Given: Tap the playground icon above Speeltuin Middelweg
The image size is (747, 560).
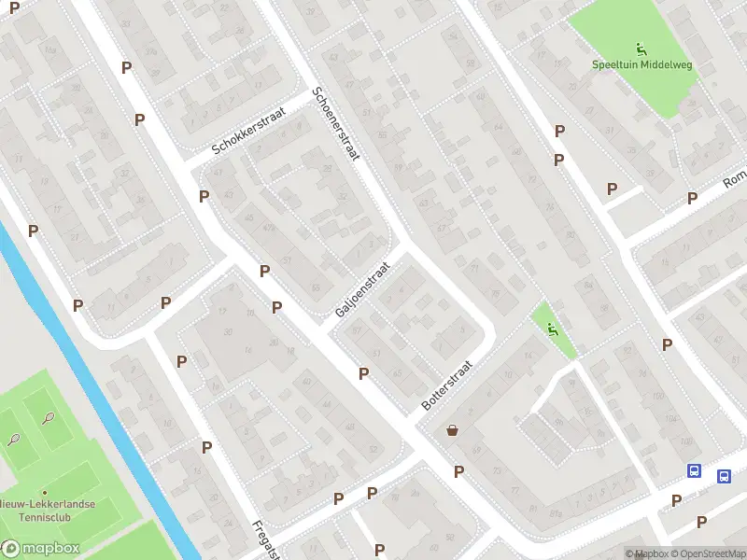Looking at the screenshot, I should [x=641, y=49].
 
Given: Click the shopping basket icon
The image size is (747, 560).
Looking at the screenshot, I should [x=453, y=430].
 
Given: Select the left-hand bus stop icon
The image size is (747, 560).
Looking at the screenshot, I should [x=695, y=471].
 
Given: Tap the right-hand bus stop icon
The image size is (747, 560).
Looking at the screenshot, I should [x=724, y=476].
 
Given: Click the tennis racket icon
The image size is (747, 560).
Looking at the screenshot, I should [x=14, y=439].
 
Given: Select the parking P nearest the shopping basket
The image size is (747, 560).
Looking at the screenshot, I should [x=458, y=471].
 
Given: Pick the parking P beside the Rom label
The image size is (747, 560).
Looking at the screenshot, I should [x=693, y=198].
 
